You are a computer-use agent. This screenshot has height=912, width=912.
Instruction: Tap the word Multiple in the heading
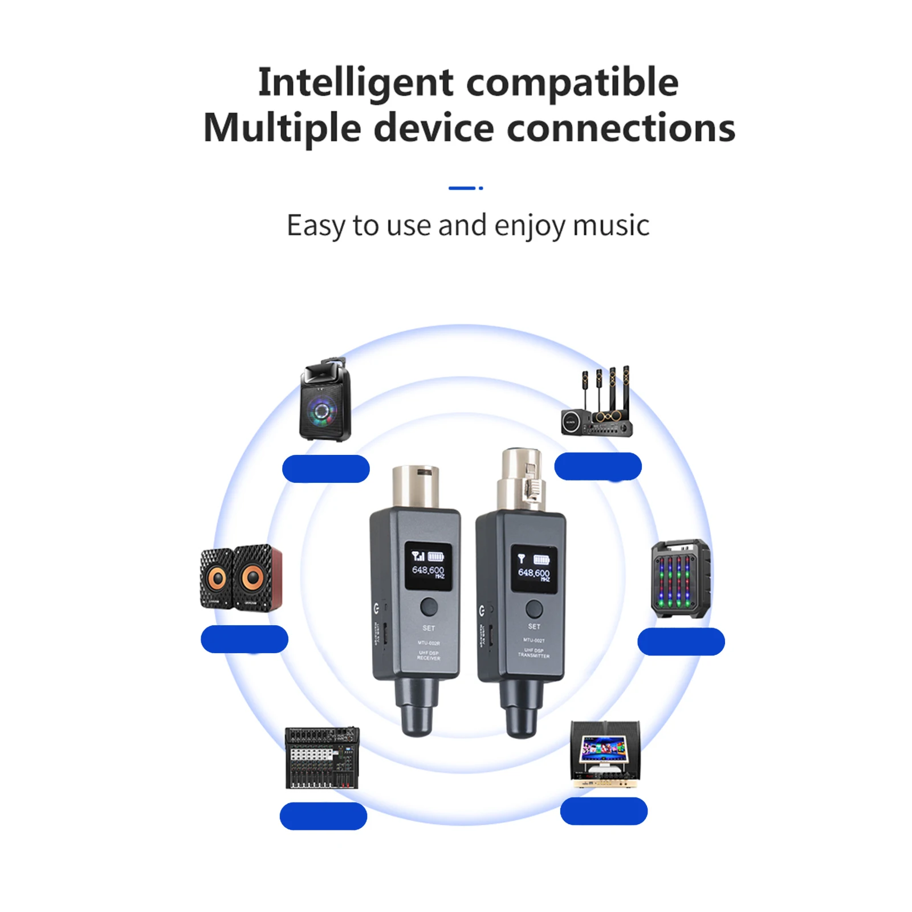(x=282, y=128)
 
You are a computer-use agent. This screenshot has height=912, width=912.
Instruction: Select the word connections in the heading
(x=621, y=128)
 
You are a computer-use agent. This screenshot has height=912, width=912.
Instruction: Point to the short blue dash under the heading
(x=462, y=188)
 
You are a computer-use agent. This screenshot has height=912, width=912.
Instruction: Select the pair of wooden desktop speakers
(x=241, y=577)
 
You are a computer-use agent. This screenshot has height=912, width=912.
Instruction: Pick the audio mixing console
(x=322, y=758)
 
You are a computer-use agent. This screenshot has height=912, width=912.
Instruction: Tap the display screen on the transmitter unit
(x=534, y=568)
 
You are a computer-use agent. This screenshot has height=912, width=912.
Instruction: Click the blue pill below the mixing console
(x=323, y=816)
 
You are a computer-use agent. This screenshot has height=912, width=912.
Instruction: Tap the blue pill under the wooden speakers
(x=245, y=639)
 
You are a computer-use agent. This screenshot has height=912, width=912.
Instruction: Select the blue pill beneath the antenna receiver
(x=598, y=466)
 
